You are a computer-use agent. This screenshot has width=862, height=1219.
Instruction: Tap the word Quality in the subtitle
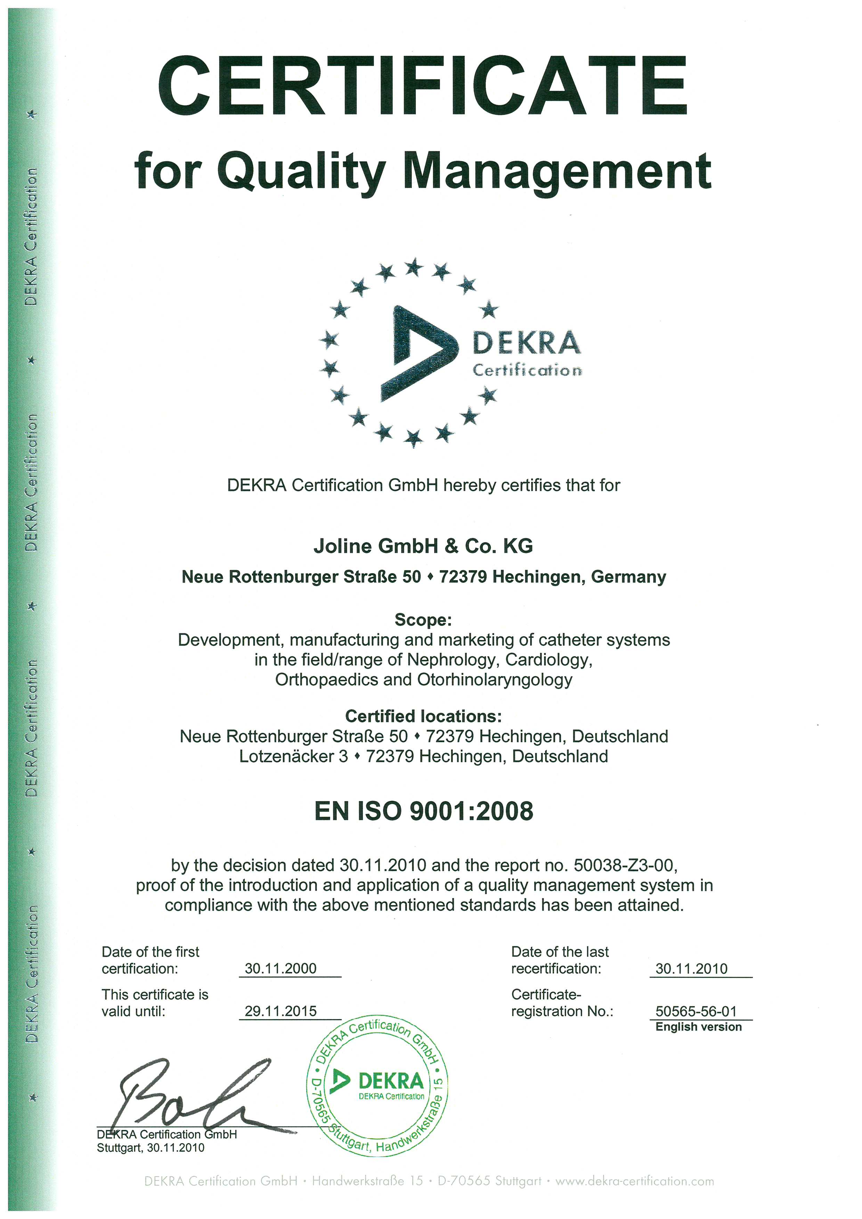(x=301, y=171)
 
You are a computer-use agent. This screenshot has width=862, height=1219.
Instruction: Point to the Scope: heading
(x=423, y=620)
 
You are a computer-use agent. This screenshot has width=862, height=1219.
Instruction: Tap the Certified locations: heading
(x=423, y=716)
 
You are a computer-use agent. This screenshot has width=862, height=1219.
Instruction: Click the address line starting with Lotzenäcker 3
(x=423, y=756)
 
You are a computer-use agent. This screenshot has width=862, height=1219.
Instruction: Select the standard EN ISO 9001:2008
(x=423, y=811)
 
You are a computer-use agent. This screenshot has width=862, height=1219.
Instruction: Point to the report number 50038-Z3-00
(x=624, y=866)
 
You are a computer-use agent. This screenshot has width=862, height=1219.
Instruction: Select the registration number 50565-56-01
(x=696, y=1011)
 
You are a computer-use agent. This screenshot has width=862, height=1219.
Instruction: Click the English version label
(x=699, y=1027)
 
